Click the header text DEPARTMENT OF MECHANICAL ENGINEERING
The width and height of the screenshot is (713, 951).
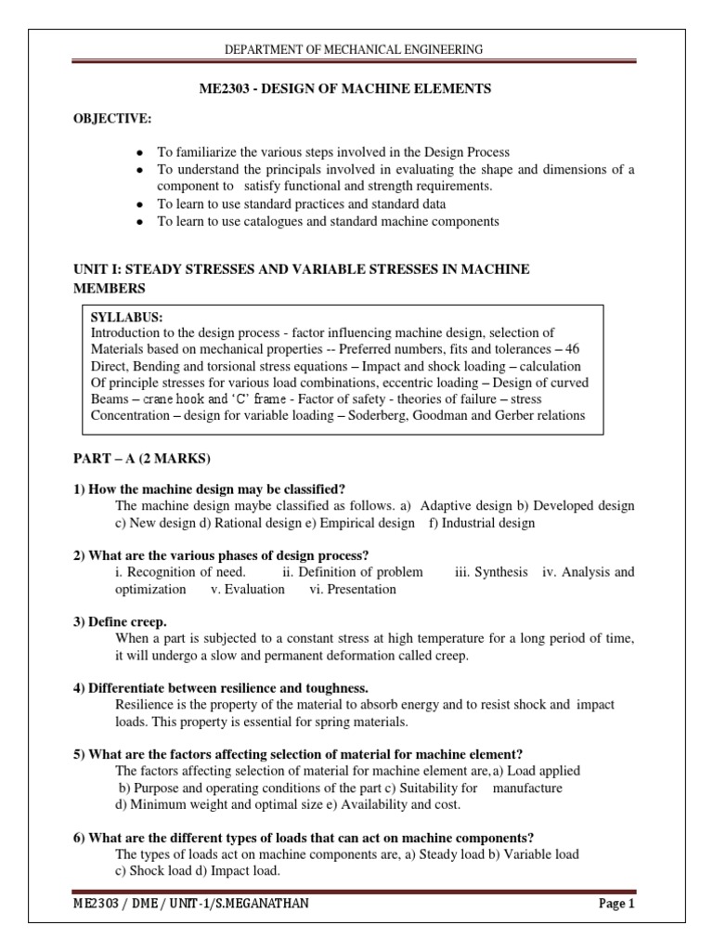[356, 49]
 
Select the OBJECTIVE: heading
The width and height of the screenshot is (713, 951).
[112, 119]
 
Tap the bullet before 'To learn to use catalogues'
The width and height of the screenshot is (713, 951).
[139, 221]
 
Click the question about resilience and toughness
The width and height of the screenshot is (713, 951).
[221, 687]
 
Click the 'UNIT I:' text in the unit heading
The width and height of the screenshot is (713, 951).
[98, 268]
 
